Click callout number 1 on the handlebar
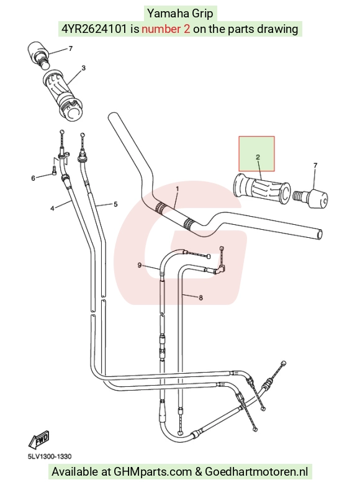[x=178, y=189]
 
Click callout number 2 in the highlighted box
[x=258, y=157]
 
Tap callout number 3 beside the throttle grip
[x=83, y=68]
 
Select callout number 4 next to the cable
[x=52, y=209]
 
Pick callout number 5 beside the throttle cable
[x=115, y=204]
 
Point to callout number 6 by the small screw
[x=33, y=178]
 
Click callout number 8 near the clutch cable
[x=200, y=298]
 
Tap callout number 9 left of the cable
[x=140, y=265]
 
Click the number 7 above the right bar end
[x=315, y=165]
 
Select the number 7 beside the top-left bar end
[x=71, y=48]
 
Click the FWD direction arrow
[x=39, y=440]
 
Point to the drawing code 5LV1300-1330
[x=50, y=456]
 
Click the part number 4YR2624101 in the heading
[x=94, y=29]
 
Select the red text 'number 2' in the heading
[x=166, y=29]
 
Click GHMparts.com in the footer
[x=153, y=472]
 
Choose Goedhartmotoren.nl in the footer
[x=256, y=472]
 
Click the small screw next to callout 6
[x=55, y=170]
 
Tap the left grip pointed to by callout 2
[x=262, y=189]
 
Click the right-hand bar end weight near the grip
[x=311, y=199]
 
